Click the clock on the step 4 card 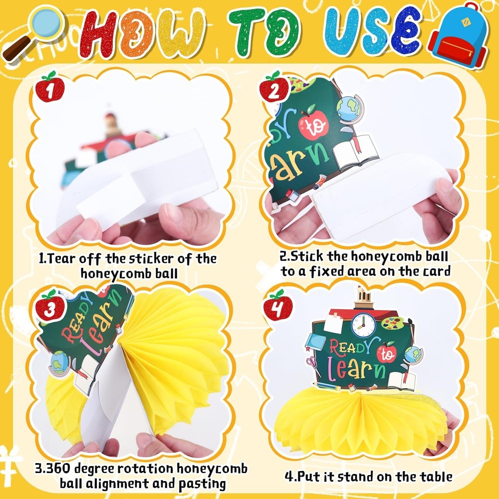point(363,325)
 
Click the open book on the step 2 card point(356,152)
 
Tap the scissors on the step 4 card point(312,363)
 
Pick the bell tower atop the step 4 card point(363,298)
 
